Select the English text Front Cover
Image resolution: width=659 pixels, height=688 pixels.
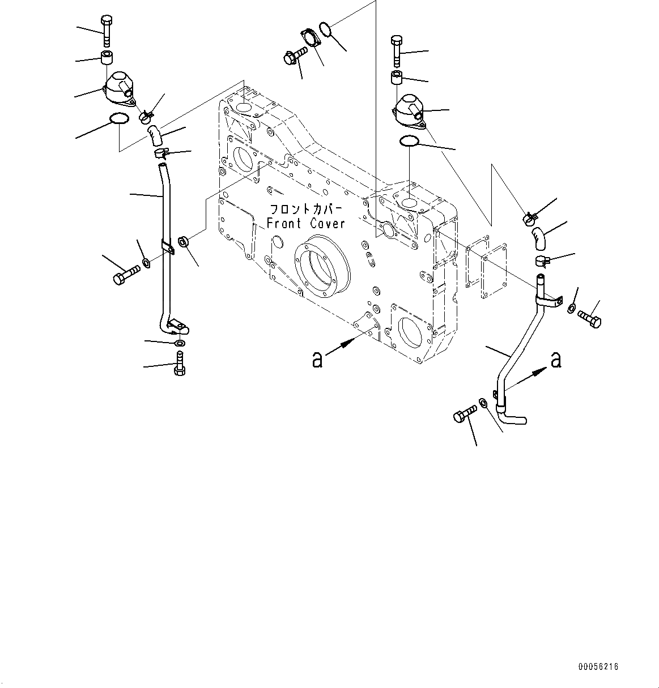point(305,224)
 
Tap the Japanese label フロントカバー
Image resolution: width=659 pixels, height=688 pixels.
point(305,208)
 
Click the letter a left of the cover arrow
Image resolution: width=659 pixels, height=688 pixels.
point(317,358)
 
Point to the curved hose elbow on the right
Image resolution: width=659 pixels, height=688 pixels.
point(539,237)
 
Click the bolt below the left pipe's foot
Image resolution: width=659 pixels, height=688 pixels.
point(180,362)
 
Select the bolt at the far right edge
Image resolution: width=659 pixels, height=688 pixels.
point(590,319)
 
